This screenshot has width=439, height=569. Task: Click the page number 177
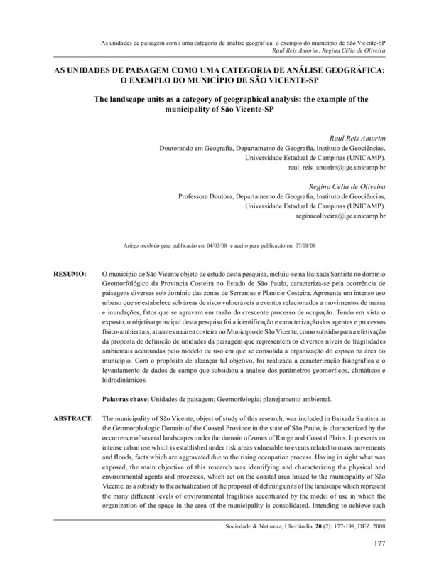[379, 545]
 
